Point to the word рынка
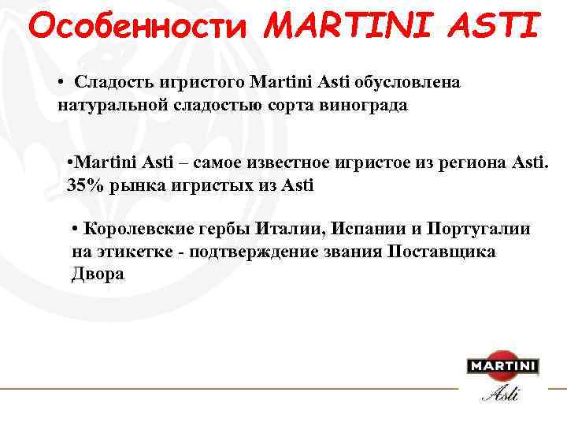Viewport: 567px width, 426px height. point(130,186)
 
